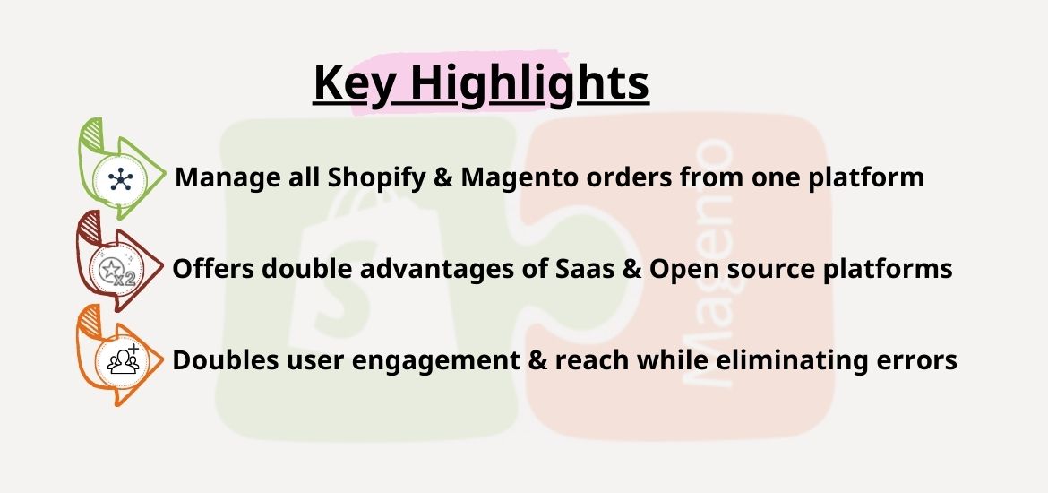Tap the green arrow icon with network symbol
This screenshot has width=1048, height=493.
(121, 169)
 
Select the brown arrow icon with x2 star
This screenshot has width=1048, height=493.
(119, 261)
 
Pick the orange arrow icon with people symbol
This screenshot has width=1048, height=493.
(119, 355)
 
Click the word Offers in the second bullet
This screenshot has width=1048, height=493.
(213, 269)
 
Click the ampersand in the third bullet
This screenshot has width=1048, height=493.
(537, 359)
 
